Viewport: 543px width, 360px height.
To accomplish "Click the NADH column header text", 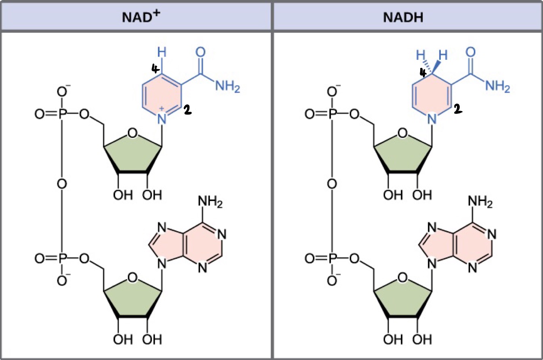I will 408,19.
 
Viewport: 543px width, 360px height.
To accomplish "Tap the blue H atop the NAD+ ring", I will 162,52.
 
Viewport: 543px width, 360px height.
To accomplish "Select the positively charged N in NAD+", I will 162,118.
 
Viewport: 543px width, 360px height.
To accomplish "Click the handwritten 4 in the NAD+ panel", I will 155,69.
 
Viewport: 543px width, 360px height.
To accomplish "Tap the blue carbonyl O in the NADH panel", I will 470,52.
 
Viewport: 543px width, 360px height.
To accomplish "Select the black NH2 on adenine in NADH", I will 480,201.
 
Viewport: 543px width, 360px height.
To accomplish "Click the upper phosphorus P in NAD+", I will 62,115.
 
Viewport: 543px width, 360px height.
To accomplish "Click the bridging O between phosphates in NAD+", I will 62,184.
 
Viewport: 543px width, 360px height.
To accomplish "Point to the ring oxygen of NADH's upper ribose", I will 402,132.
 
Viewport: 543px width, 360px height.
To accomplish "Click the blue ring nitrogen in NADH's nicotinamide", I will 432,119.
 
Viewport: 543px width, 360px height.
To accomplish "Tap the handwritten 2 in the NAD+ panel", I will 187,109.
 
